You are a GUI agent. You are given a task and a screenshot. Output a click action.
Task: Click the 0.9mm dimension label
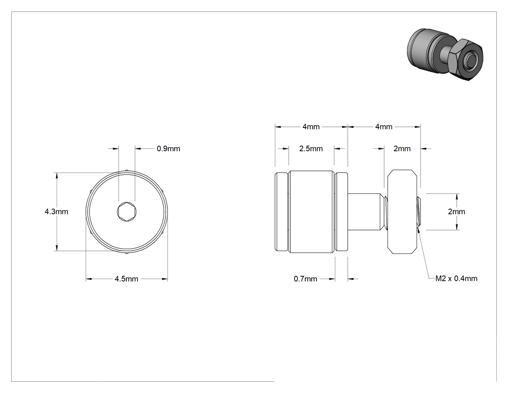(x=168, y=149)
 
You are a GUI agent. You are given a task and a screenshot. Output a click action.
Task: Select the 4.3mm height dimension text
(x=57, y=212)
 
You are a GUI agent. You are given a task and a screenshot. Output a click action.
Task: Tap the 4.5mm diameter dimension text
(x=126, y=279)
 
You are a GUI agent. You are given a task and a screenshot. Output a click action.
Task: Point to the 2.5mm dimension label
(x=311, y=149)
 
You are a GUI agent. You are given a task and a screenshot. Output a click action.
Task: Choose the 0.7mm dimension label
(x=305, y=279)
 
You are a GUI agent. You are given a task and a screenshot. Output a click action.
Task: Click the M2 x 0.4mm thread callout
(x=456, y=279)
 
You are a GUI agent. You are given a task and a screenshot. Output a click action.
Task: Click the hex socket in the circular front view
(x=127, y=212)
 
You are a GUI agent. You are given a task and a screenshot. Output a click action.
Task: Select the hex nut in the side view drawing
(x=402, y=212)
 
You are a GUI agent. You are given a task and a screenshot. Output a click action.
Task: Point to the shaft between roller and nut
(x=365, y=212)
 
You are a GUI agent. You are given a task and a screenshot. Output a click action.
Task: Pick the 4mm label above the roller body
(x=311, y=126)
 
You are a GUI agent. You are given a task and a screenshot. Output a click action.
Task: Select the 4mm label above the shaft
(x=384, y=126)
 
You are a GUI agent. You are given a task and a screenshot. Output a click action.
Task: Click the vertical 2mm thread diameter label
(x=457, y=212)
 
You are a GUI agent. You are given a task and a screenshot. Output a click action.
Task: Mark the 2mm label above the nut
(x=402, y=149)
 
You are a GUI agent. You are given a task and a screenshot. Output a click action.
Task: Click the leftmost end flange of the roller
(x=281, y=212)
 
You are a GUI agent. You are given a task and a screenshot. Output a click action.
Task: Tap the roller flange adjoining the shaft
(x=341, y=212)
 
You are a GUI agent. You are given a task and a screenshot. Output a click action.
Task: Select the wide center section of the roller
(x=311, y=212)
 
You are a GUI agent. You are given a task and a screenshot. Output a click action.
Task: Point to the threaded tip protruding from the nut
(x=418, y=212)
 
